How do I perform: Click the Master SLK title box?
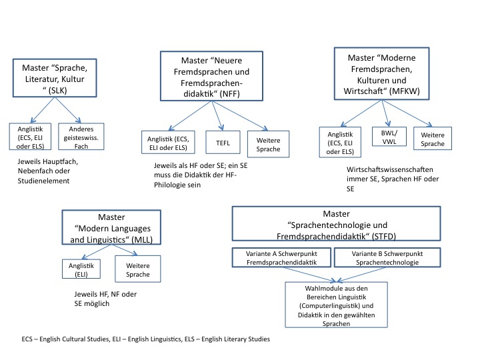55,78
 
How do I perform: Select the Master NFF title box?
211,76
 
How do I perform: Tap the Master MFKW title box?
382,73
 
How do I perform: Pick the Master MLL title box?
111,227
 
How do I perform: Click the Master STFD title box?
336,223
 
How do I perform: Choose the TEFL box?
223,143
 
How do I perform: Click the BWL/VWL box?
389,137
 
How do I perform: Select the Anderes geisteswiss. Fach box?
81,137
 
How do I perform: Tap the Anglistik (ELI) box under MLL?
81,269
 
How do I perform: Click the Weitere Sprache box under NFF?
268,144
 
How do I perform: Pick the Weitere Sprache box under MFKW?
433,139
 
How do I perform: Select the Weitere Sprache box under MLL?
138,269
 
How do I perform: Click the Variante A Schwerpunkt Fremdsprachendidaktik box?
281,257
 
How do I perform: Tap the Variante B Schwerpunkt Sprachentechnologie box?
387,257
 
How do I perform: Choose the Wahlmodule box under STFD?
336,305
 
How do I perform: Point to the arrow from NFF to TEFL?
217,116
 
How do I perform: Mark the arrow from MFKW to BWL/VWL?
385,113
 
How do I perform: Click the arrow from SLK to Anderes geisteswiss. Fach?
67,110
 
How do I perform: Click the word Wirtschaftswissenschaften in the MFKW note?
390,169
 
